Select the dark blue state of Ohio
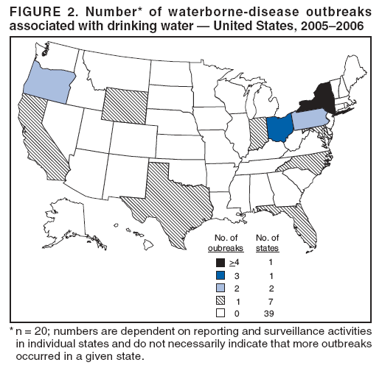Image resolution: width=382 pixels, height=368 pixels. click(279, 128)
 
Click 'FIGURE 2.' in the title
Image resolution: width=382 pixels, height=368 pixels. click(40, 9)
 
